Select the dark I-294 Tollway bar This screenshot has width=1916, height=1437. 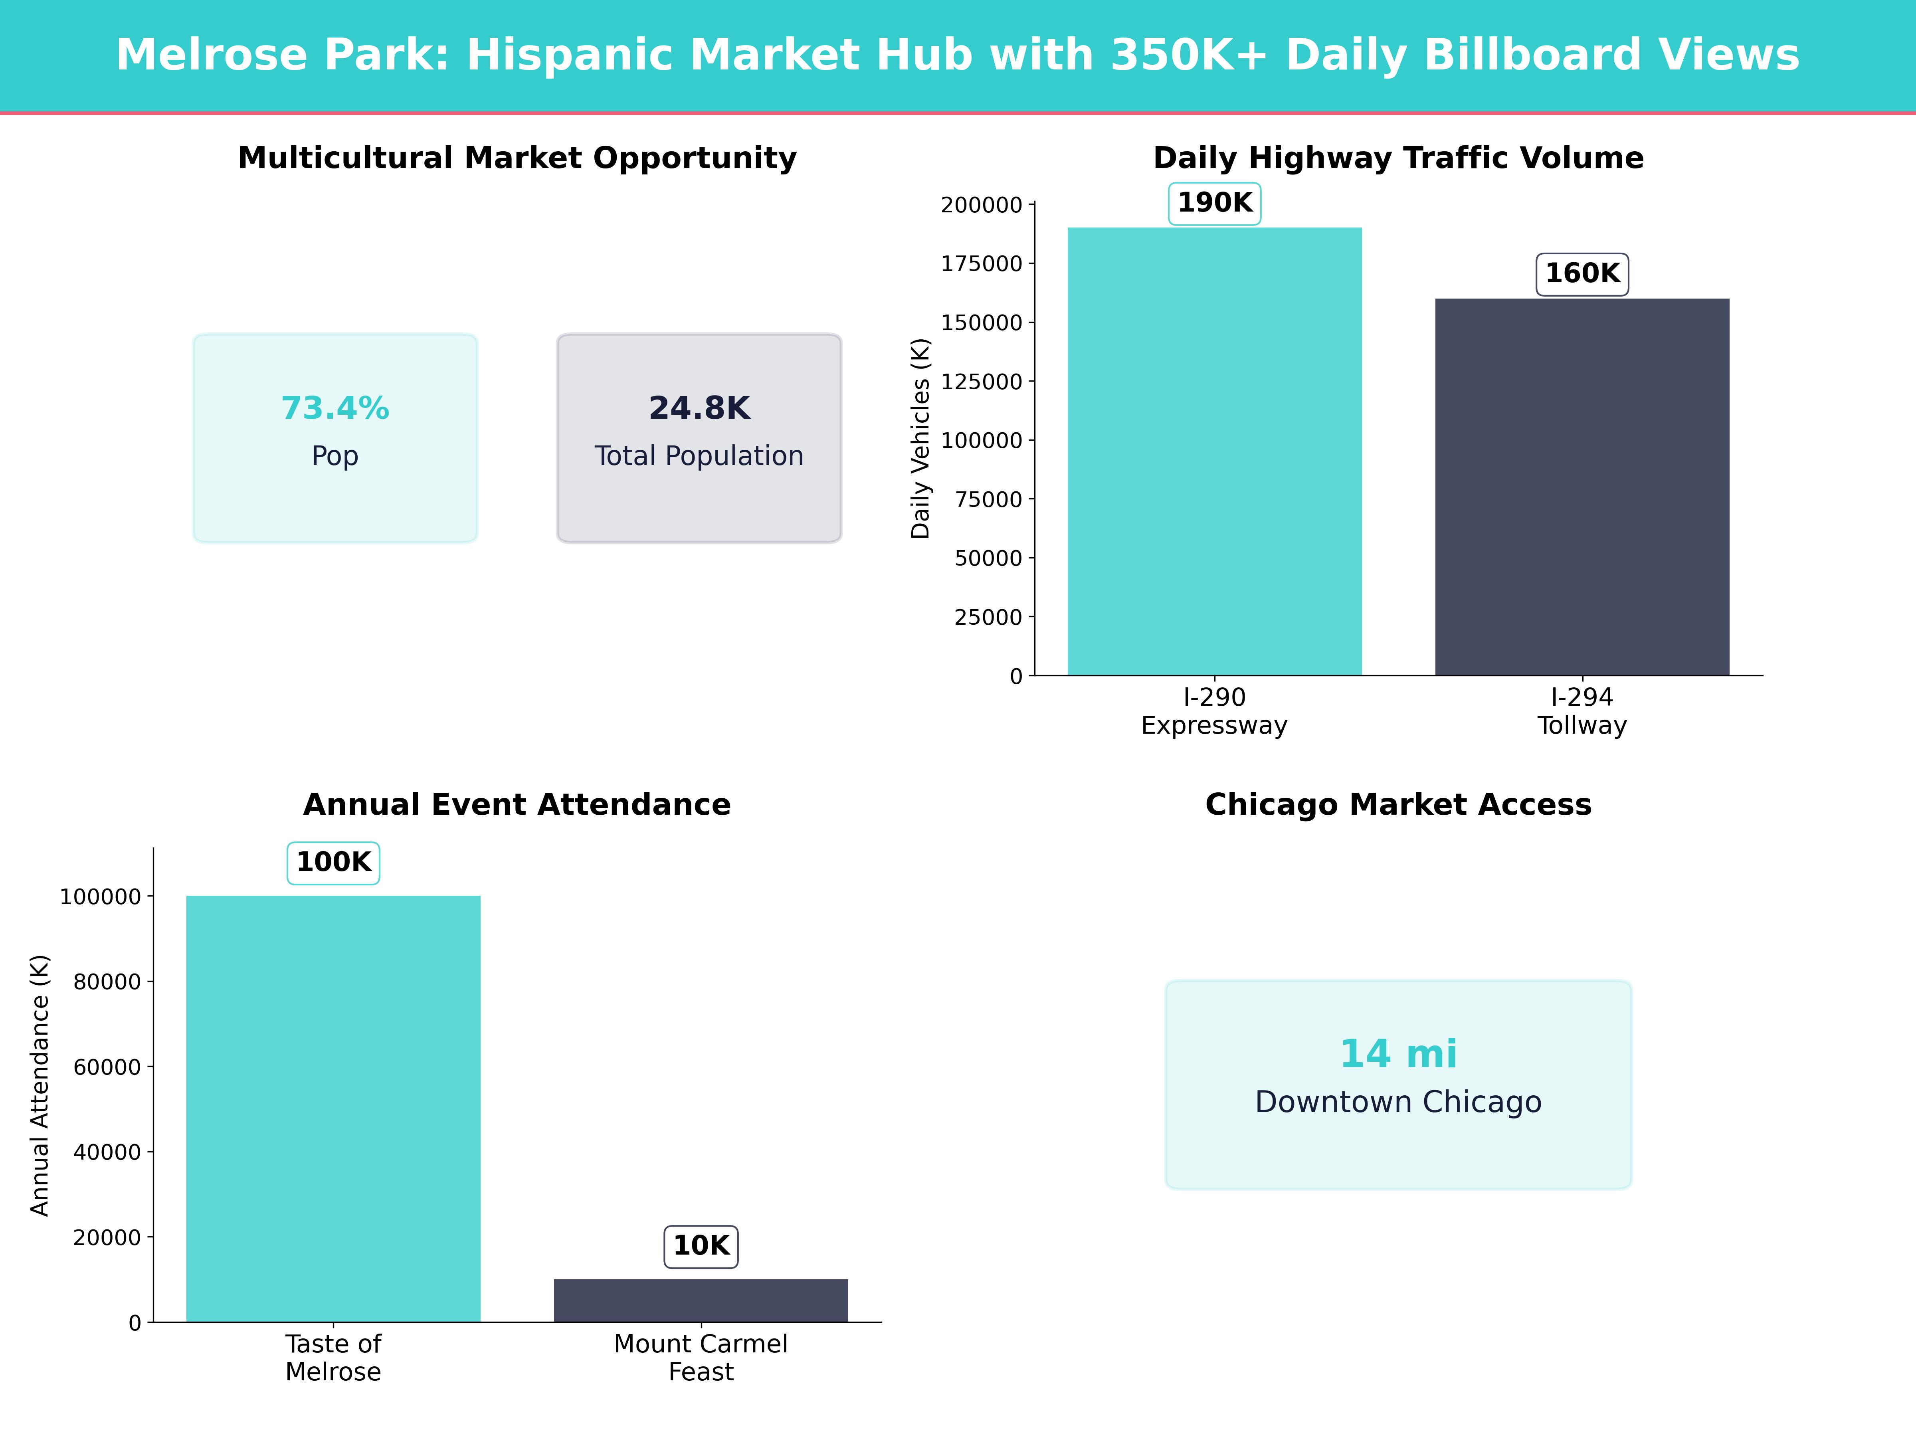(x=1581, y=487)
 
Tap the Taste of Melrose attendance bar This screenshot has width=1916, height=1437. (x=333, y=1109)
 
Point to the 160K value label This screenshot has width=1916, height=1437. (x=1581, y=274)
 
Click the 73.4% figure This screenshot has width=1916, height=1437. (x=335, y=408)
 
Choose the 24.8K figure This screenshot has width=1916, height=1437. (x=699, y=408)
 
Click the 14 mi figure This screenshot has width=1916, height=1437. (x=1398, y=1054)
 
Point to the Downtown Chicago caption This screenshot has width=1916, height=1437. (x=1398, y=1102)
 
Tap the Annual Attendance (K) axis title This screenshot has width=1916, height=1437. (x=40, y=1085)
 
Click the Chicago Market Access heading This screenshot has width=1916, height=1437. (x=1398, y=805)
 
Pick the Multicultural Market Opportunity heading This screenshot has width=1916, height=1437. (x=517, y=158)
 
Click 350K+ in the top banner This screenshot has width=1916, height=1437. (x=1188, y=55)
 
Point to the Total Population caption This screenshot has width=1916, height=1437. (x=699, y=455)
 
